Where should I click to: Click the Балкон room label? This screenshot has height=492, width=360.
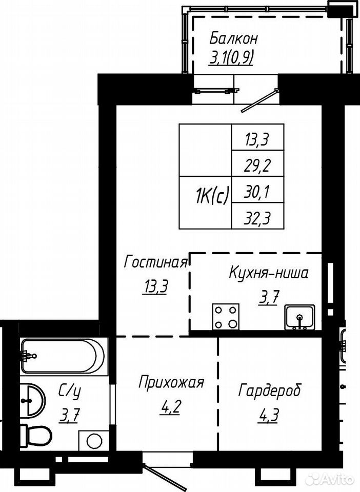point(233,39)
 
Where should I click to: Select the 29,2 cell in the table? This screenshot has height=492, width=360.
point(257,163)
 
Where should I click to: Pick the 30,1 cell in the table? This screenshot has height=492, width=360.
point(257,190)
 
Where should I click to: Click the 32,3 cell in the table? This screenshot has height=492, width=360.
point(257,216)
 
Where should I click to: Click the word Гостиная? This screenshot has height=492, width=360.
point(156,262)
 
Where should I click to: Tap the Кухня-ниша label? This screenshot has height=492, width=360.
point(269,273)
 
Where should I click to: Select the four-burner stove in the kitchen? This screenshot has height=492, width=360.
point(226,317)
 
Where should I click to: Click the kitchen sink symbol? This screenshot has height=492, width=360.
point(299,317)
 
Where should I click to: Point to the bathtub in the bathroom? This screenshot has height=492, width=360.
point(63,356)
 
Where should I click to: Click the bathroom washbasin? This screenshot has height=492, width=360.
point(32,400)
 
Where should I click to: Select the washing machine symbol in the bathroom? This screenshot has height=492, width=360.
point(93,441)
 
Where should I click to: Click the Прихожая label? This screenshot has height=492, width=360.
point(171,383)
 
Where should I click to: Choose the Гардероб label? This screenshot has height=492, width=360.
point(270,391)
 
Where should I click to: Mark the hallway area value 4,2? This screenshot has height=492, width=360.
point(170,408)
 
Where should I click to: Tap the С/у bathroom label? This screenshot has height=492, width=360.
point(70,392)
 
